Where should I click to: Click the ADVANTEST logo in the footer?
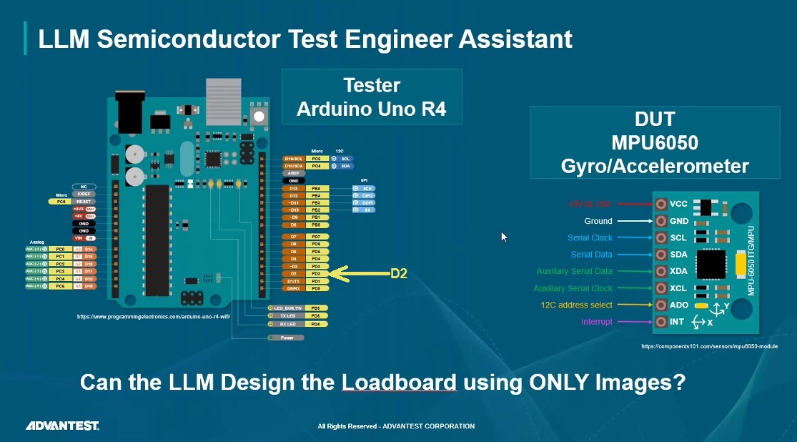(x=63, y=426)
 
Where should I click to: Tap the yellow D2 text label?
(x=398, y=273)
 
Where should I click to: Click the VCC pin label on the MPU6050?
(x=678, y=204)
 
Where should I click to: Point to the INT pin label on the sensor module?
(x=677, y=322)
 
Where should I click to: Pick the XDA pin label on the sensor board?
(x=678, y=271)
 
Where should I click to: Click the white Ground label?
(x=598, y=221)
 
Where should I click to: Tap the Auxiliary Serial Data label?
(x=574, y=271)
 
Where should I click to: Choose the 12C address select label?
(x=576, y=305)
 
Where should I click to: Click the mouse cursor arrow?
(x=504, y=237)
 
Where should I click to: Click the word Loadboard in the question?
(x=399, y=382)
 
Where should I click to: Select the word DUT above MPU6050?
(x=655, y=119)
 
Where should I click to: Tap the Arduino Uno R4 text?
(x=372, y=109)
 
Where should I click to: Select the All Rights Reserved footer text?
(x=396, y=426)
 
